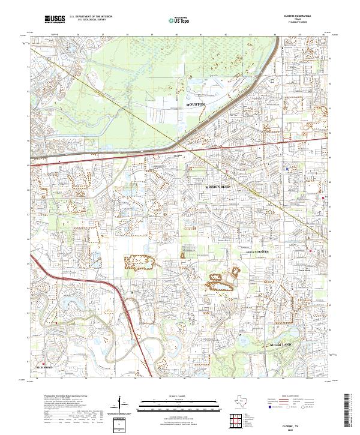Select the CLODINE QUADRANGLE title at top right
(298, 17)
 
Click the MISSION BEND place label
(217, 187)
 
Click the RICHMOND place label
(44, 367)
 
